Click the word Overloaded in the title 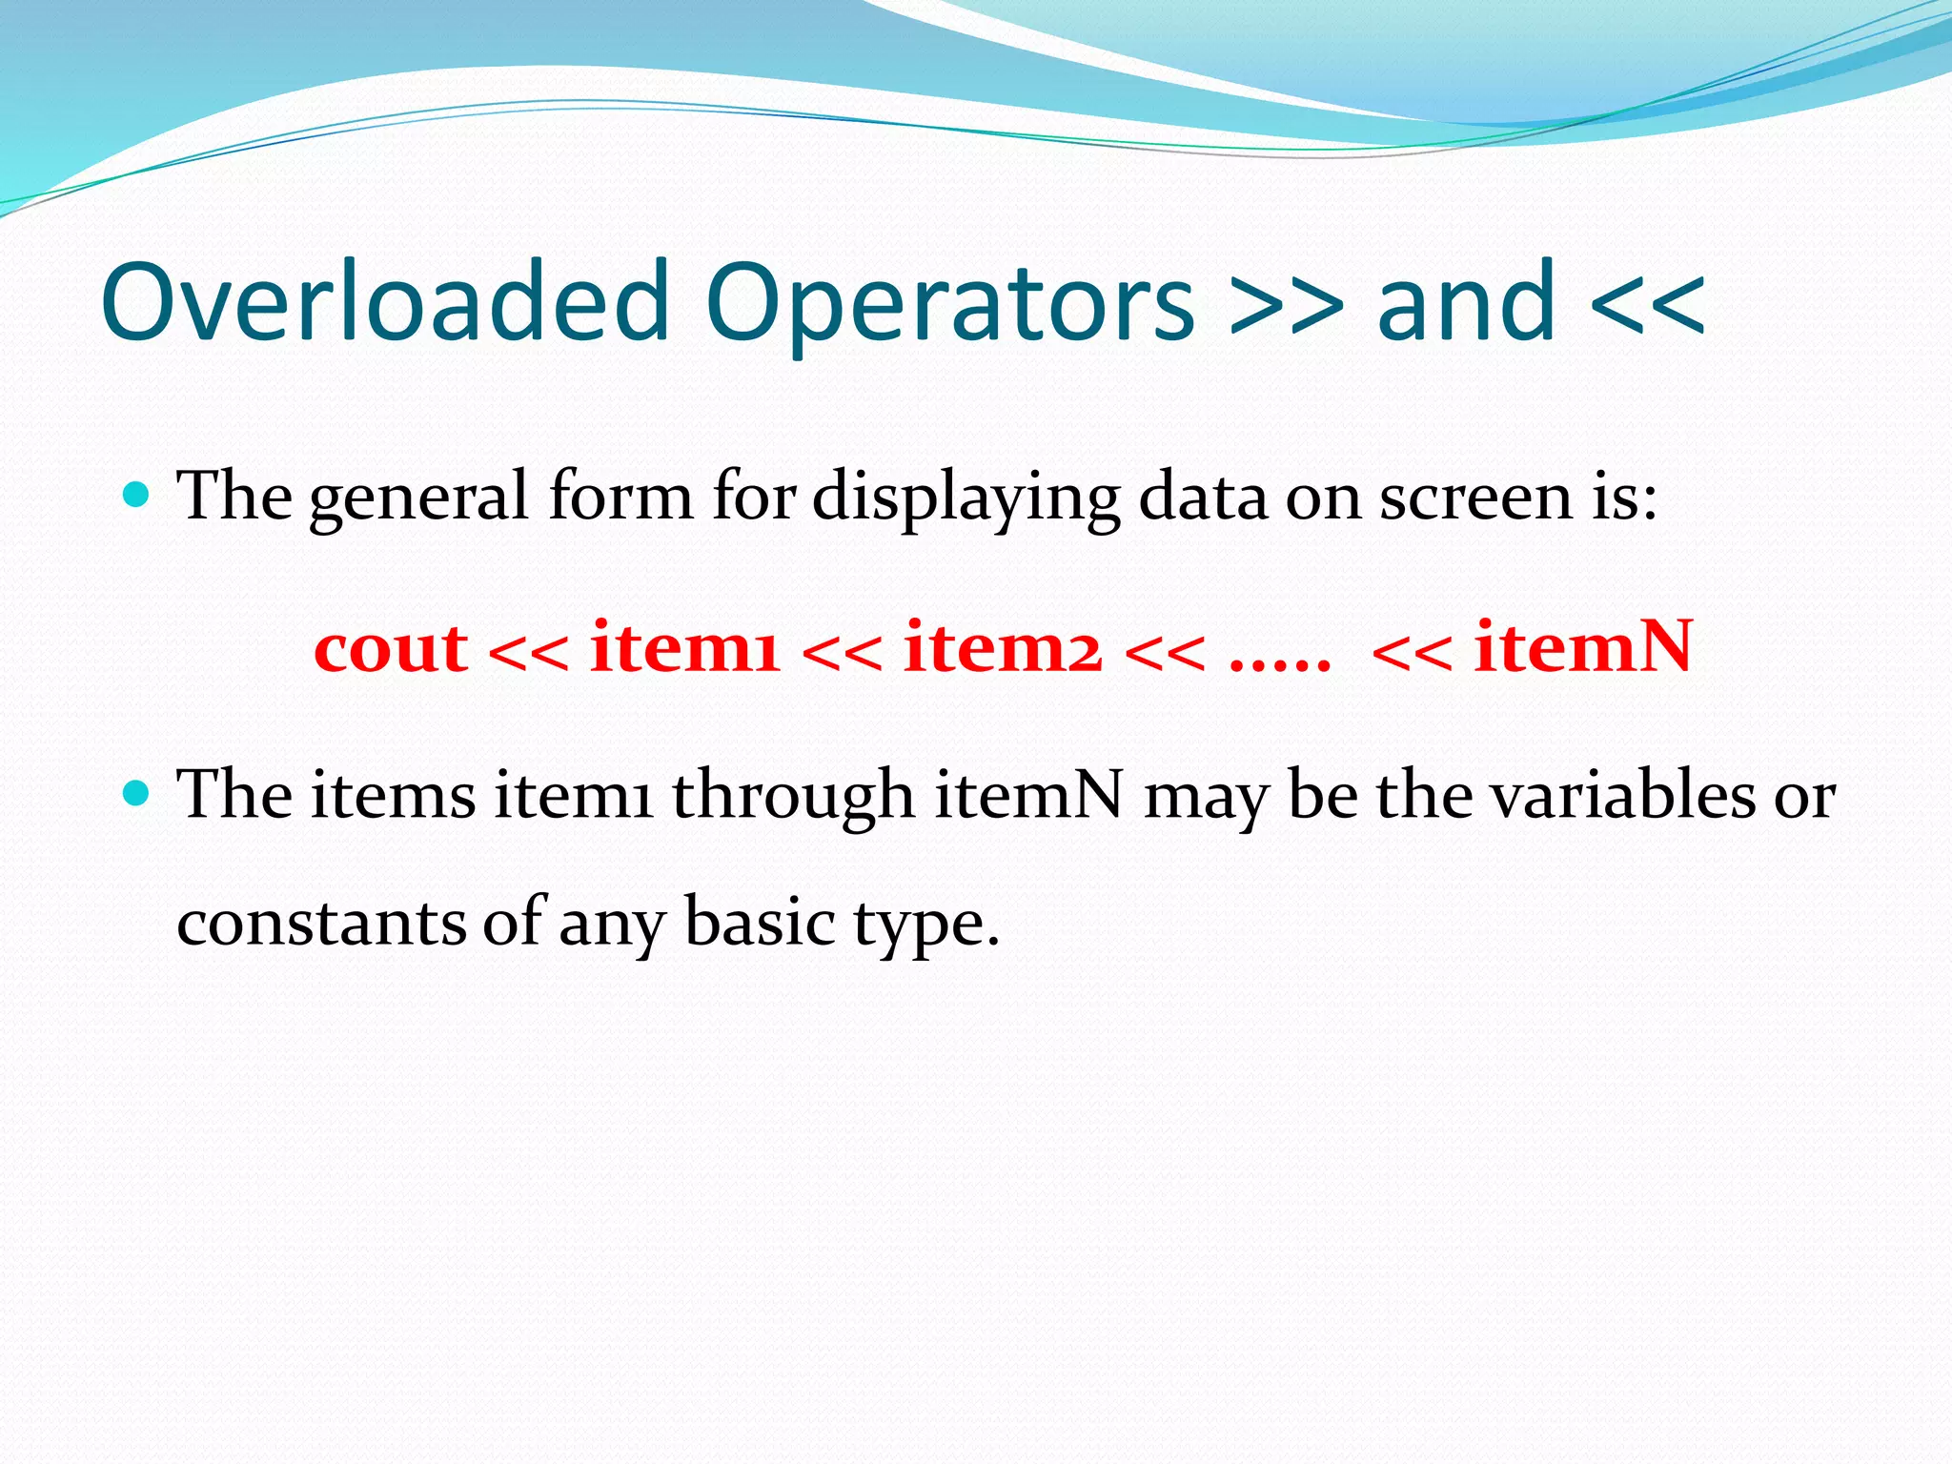385,303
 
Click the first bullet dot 137,494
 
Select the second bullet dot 137,792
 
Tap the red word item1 685,648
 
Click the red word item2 1003,648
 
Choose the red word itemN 1583,648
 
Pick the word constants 321,923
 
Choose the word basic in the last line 760,923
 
